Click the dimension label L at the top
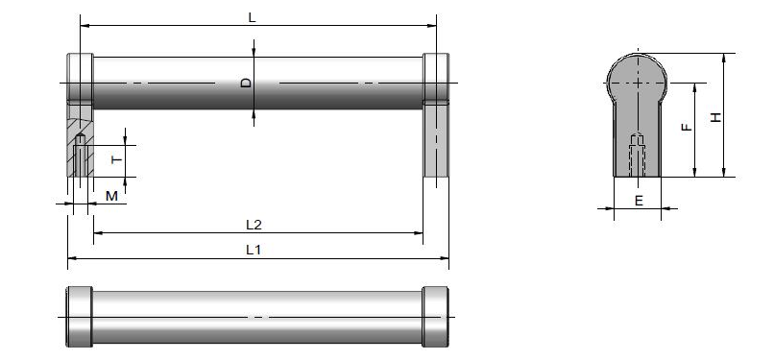[x=253, y=17]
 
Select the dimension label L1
[x=254, y=250]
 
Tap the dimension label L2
[x=254, y=225]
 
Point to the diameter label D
[x=246, y=83]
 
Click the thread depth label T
[x=116, y=159]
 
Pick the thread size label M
[x=112, y=196]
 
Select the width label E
[x=639, y=201]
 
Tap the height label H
[x=715, y=117]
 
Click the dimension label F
[x=687, y=128]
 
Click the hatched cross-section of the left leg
[x=80, y=140]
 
